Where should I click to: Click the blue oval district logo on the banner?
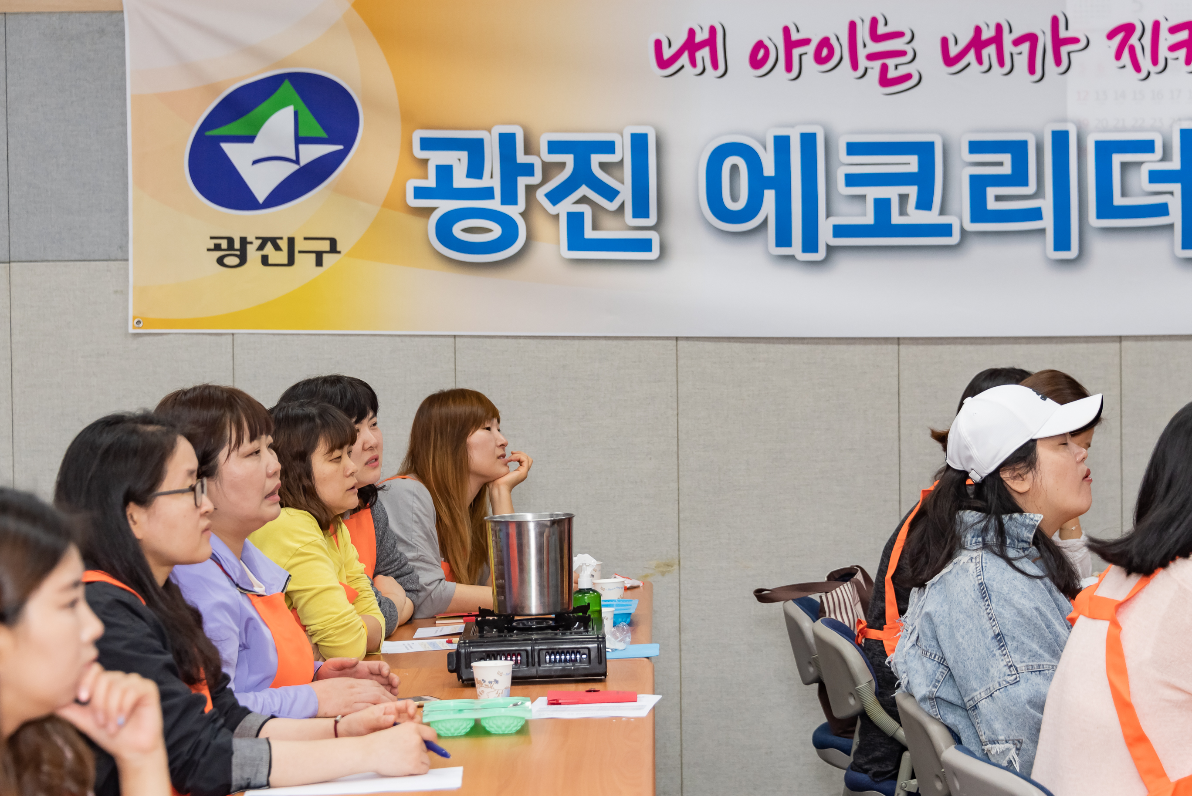tap(274, 141)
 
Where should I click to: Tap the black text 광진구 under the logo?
tap(273, 251)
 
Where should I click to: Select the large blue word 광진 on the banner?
tap(533, 193)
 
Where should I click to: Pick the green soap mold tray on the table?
tap(475, 715)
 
